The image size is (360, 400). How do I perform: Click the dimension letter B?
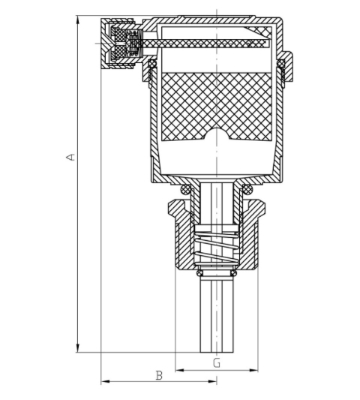point(159,375)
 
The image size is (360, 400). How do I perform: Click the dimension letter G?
point(217,362)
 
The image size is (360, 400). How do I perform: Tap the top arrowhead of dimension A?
point(78,20)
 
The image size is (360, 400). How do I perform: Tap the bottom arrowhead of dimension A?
point(78,347)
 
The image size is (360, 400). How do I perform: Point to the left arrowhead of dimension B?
point(105,382)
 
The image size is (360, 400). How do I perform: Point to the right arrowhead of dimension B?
point(212,382)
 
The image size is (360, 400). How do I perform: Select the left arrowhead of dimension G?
point(180,370)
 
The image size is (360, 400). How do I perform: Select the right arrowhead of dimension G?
point(253,370)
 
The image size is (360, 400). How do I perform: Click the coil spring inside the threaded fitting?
point(217,248)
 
